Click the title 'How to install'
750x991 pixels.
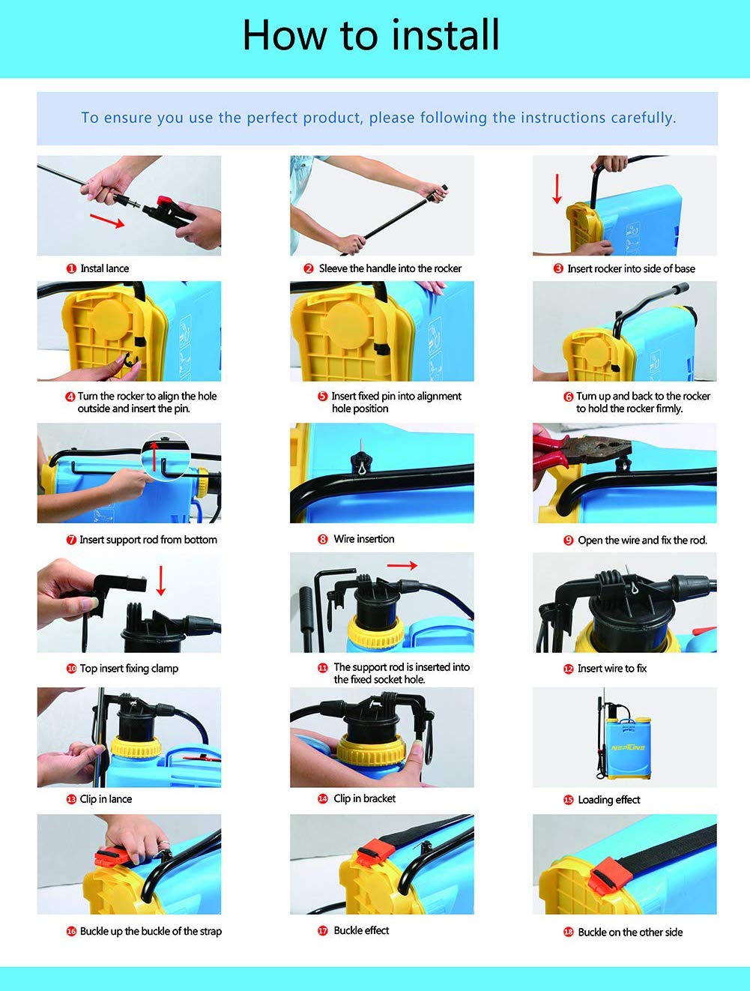(x=371, y=35)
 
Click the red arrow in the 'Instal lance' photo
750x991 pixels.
(x=107, y=220)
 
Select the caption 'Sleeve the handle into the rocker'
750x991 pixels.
(x=390, y=268)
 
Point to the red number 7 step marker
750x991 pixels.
(x=71, y=540)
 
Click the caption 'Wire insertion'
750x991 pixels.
(x=363, y=539)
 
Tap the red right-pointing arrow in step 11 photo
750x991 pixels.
(x=402, y=566)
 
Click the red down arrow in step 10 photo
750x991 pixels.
(x=160, y=582)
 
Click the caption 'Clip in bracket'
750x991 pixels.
(x=364, y=798)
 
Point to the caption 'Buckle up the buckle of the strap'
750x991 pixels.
(x=151, y=931)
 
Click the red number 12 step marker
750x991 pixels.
(x=568, y=669)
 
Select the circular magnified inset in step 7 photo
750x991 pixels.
(x=165, y=454)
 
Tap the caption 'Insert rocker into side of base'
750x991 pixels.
(x=631, y=268)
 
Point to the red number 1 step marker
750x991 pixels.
(x=71, y=268)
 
